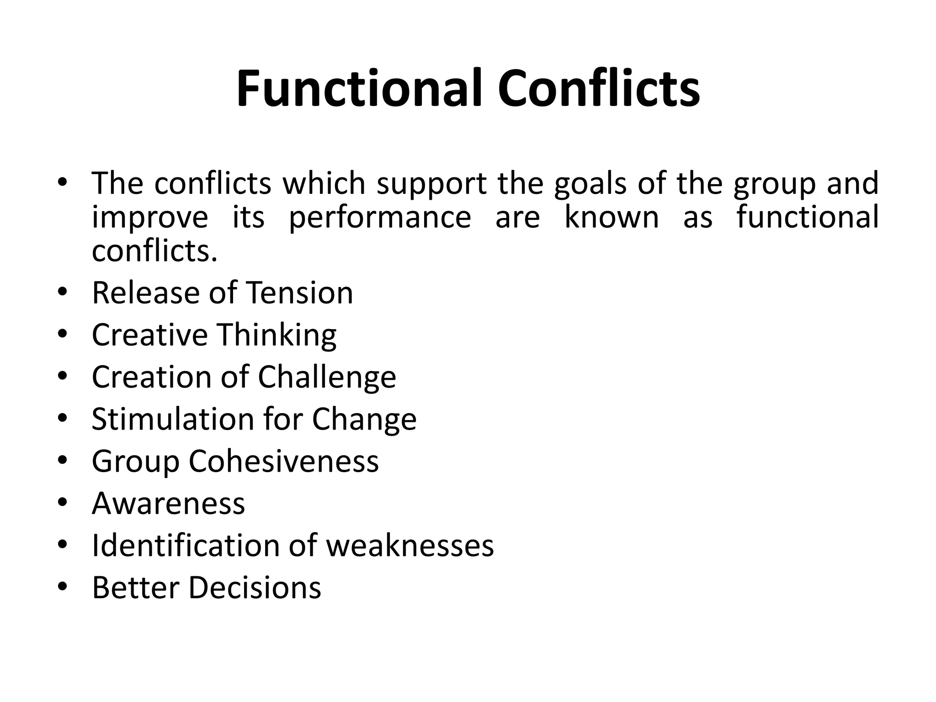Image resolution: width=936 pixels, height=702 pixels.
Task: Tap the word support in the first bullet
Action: (x=431, y=184)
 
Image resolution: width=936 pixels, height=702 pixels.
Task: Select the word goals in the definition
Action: (x=590, y=184)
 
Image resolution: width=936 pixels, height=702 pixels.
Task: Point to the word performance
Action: (x=380, y=218)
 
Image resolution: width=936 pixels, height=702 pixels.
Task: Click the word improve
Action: (x=150, y=218)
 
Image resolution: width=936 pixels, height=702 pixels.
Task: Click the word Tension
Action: (x=299, y=292)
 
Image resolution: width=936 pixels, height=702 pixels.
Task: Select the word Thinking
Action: (x=277, y=335)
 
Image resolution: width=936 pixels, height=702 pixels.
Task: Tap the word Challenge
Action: (x=327, y=377)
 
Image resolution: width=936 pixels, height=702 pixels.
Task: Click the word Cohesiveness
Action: (x=284, y=461)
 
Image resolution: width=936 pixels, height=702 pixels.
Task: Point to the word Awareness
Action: (x=168, y=503)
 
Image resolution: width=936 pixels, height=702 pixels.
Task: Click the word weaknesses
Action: (x=410, y=545)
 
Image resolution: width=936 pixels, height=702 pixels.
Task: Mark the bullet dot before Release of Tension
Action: (x=63, y=292)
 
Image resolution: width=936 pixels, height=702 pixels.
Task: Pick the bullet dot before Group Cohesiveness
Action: (x=63, y=460)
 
